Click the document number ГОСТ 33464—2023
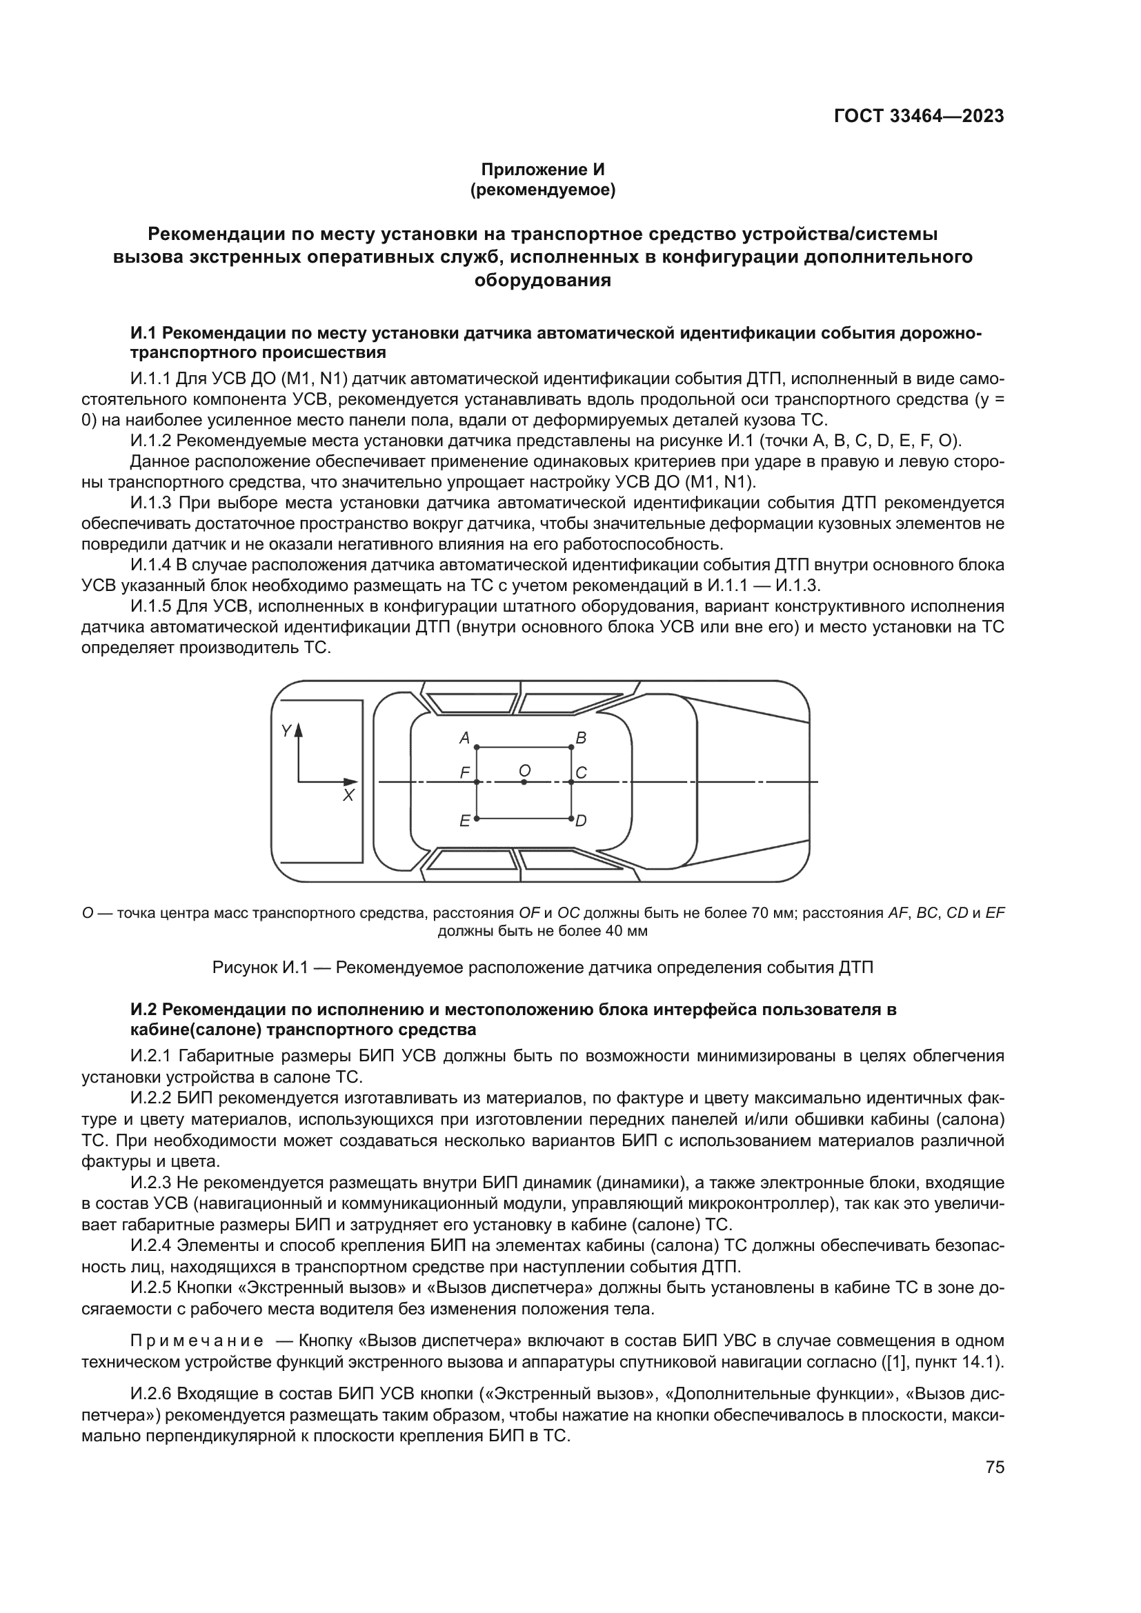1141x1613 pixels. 918,117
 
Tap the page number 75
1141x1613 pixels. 994,1467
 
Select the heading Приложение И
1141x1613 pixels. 542,170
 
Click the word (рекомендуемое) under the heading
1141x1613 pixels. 542,190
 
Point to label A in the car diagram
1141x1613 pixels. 464,739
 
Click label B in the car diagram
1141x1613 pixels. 581,739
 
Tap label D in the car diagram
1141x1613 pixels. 581,821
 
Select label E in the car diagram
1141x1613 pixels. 464,821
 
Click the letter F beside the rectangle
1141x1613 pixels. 464,773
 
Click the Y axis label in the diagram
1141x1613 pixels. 286,731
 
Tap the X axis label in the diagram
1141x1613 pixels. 348,795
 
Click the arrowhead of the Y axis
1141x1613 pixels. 299,728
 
